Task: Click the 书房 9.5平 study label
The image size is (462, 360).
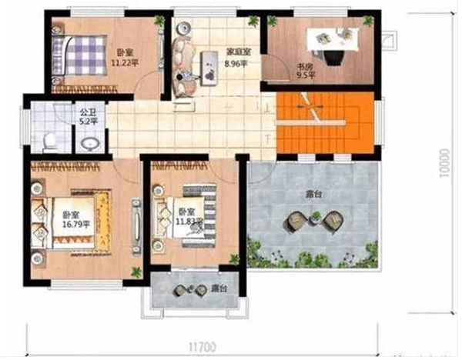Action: click(x=304, y=72)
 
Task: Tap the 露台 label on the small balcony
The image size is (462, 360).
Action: click(x=219, y=291)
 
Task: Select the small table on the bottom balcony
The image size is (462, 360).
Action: click(x=184, y=290)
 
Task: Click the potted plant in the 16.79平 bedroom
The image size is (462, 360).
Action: click(x=136, y=270)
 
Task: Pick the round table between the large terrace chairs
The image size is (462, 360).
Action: click(x=314, y=220)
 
